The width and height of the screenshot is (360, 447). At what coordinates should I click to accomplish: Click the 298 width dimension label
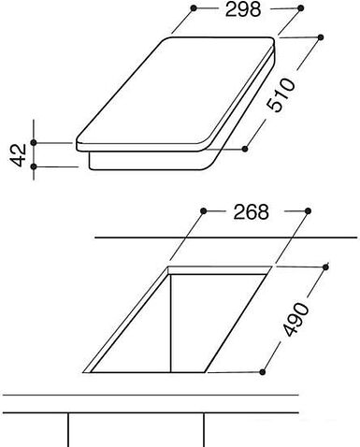243,9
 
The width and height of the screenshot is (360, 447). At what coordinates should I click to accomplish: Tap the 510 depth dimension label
281,95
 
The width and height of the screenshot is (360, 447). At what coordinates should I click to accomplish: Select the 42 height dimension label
19,155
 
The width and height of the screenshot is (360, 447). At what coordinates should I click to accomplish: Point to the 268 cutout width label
251,212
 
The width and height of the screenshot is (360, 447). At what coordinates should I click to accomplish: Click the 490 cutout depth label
295,319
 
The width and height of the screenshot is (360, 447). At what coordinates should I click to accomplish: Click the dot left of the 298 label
194,8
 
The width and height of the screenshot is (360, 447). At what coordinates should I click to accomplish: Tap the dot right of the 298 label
300,8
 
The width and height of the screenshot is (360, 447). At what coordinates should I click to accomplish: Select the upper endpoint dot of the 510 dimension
321,37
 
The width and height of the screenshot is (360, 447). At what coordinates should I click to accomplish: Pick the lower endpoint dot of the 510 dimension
245,149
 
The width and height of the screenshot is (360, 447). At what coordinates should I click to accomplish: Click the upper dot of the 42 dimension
34,143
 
